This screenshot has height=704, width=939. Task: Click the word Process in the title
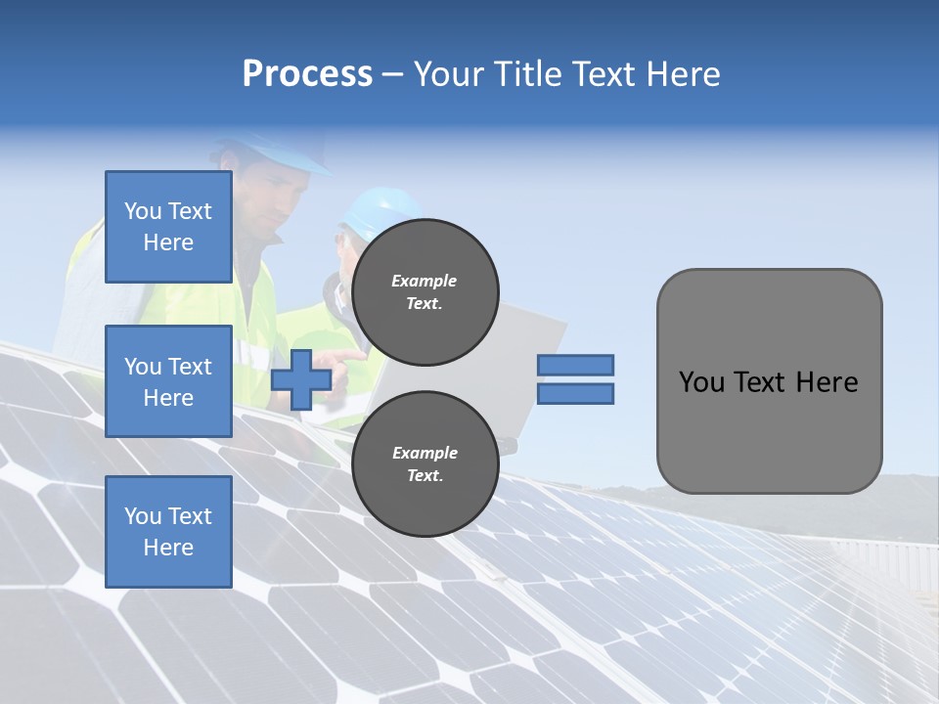[307, 74]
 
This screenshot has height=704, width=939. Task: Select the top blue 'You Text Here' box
[168, 227]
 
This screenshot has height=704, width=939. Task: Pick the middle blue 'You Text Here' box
[168, 381]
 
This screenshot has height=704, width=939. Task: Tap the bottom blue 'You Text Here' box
[168, 531]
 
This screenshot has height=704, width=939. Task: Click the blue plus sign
[301, 380]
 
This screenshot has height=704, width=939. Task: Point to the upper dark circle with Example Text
[425, 292]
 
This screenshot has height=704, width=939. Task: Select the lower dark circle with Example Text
[425, 464]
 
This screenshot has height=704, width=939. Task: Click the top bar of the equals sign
[576, 365]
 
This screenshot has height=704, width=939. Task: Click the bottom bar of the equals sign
[576, 394]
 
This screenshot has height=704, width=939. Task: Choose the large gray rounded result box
[769, 381]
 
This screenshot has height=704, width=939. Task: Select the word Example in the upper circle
[425, 281]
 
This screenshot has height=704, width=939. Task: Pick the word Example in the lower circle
[425, 453]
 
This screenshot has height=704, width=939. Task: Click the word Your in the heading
[450, 74]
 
